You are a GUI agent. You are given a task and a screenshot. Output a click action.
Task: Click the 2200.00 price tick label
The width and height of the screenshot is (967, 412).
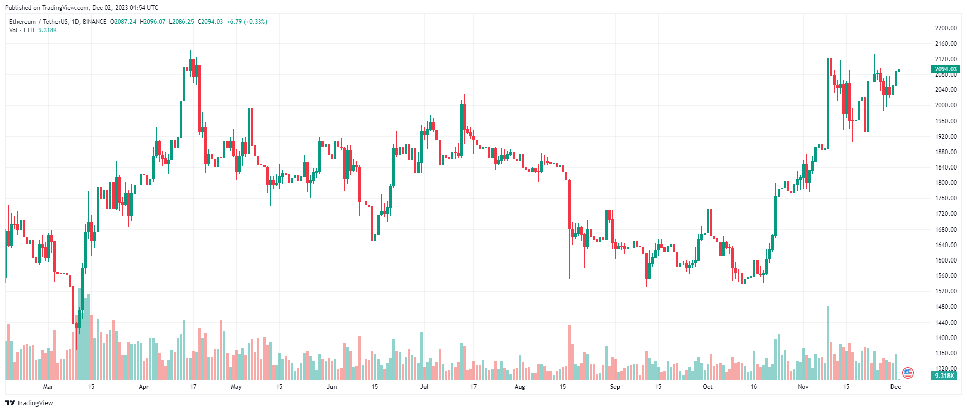(945, 28)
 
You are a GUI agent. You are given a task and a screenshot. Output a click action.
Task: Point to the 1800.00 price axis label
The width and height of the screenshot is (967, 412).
(945, 183)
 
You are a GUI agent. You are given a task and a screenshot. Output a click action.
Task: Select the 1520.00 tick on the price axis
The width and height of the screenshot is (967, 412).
(945, 291)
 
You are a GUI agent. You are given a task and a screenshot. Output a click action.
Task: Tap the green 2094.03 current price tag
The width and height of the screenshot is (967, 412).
(945, 69)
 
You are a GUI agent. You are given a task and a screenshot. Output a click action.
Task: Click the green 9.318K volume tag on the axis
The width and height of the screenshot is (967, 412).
(944, 376)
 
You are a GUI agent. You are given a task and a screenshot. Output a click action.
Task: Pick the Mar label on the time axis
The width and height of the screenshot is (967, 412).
(48, 387)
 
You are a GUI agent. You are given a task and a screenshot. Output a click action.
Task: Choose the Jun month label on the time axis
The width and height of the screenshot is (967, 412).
(332, 387)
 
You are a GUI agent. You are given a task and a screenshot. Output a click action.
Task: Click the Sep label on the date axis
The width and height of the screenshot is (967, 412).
(615, 387)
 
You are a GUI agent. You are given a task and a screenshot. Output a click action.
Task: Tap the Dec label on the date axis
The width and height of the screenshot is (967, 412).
(896, 387)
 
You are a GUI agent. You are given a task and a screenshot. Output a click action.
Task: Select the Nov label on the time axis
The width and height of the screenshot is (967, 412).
(803, 387)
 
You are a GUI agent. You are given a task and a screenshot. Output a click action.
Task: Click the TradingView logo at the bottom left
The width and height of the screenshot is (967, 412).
(29, 403)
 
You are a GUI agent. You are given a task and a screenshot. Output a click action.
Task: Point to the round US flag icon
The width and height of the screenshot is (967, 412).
(908, 373)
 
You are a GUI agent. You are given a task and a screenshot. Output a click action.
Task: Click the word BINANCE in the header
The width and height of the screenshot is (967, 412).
(94, 22)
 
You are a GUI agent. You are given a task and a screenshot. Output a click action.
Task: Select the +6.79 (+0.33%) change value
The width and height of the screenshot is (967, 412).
(247, 22)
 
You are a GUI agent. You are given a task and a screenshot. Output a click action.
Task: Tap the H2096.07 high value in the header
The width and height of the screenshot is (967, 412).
(153, 22)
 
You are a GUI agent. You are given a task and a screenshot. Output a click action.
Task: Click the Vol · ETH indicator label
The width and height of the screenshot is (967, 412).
(22, 30)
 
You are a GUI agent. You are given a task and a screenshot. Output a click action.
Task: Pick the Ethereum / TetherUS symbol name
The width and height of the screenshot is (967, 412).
(39, 22)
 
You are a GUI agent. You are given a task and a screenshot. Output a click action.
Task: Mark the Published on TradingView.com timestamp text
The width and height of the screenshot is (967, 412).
(82, 8)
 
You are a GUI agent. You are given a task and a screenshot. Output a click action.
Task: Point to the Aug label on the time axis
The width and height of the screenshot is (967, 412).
(520, 387)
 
